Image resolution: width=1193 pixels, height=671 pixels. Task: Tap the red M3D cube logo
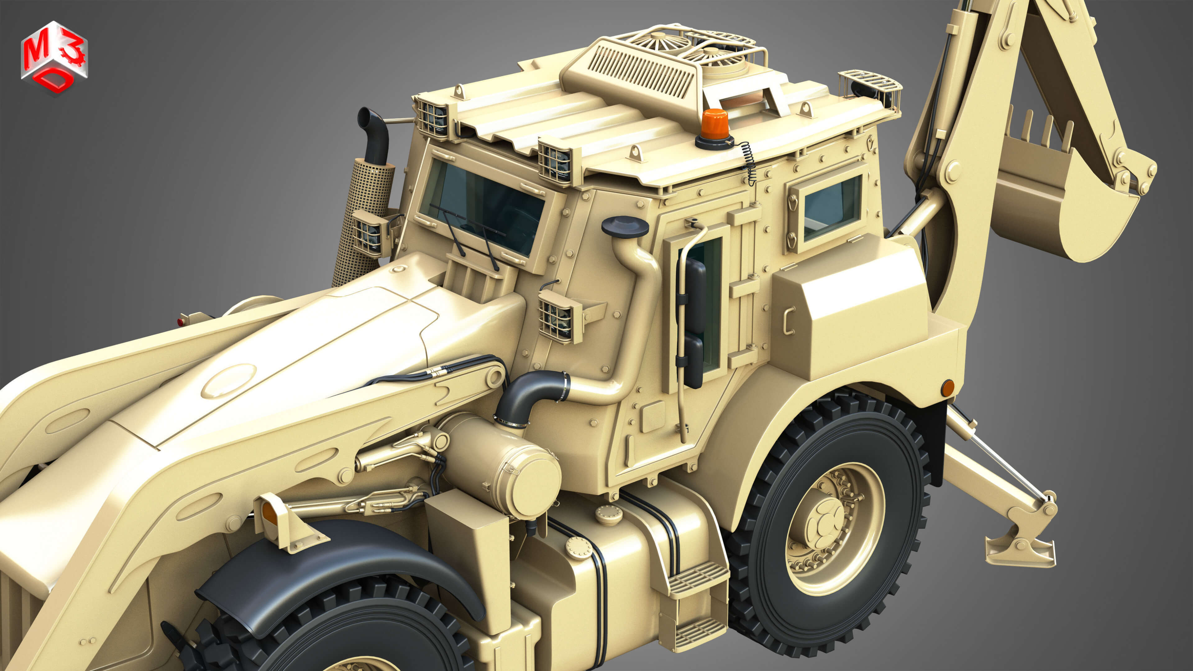click(x=54, y=58)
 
